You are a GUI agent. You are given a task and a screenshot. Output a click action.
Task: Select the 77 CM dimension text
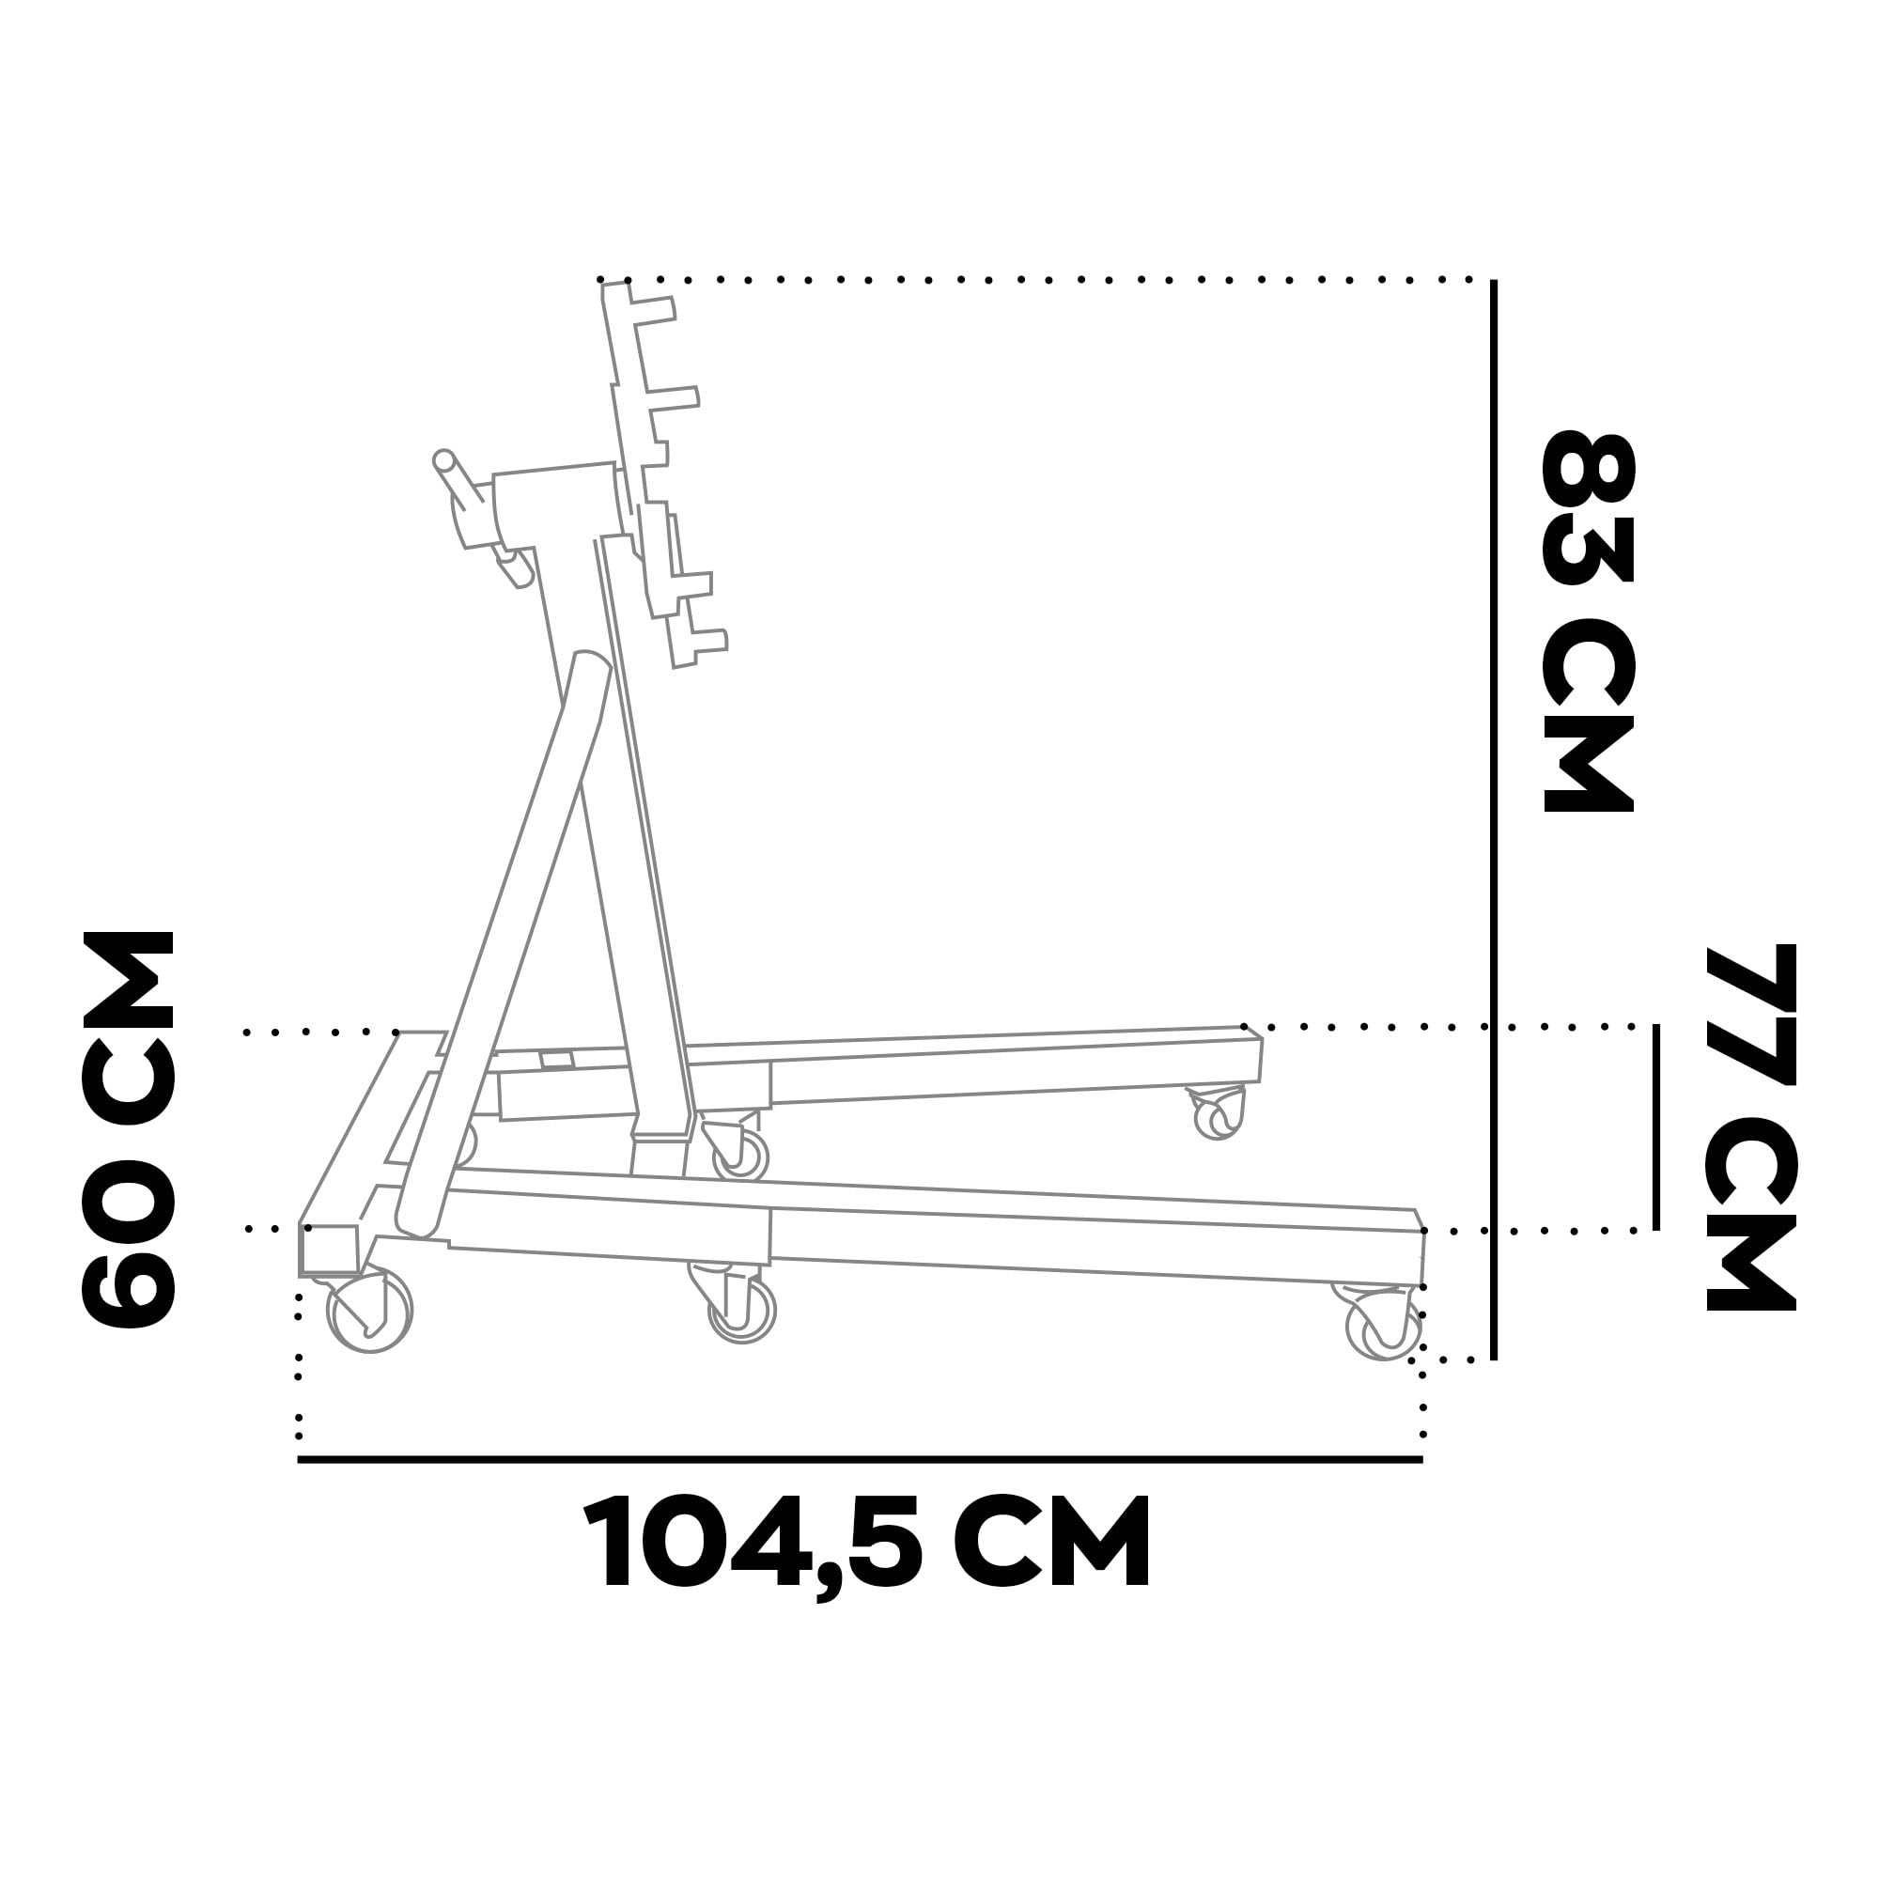[x=1749, y=1128]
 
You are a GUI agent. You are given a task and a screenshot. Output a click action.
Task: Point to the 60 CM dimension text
[x=129, y=1128]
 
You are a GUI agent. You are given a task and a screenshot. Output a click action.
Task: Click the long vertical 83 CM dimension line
[x=1494, y=819]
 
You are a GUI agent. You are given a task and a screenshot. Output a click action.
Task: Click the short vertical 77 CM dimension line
[x=1656, y=1127]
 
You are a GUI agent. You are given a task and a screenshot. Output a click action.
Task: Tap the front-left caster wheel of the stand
[x=370, y=1311]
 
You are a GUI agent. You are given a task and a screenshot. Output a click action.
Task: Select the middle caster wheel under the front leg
[x=742, y=1310]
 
